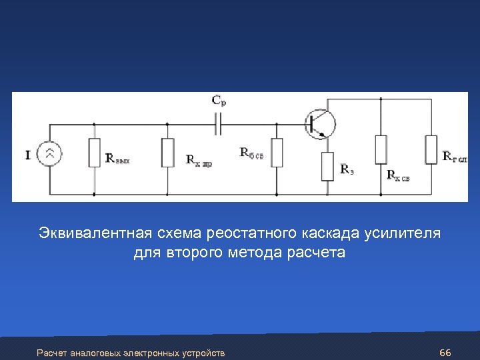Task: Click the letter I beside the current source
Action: click(28, 155)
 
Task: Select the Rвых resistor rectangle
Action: click(94, 153)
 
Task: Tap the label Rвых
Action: click(117, 159)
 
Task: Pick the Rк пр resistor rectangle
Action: click(167, 153)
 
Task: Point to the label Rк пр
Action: click(199, 160)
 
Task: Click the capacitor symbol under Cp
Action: click(218, 122)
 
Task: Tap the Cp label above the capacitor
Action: click(218, 101)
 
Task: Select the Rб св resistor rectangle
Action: click(277, 153)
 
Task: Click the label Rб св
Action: click(251, 152)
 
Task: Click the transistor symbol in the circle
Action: click(320, 123)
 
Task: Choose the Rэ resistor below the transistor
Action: click(327, 167)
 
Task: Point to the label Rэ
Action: click(347, 169)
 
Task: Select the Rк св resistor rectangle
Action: click(381, 149)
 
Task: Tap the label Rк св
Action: click(398, 176)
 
